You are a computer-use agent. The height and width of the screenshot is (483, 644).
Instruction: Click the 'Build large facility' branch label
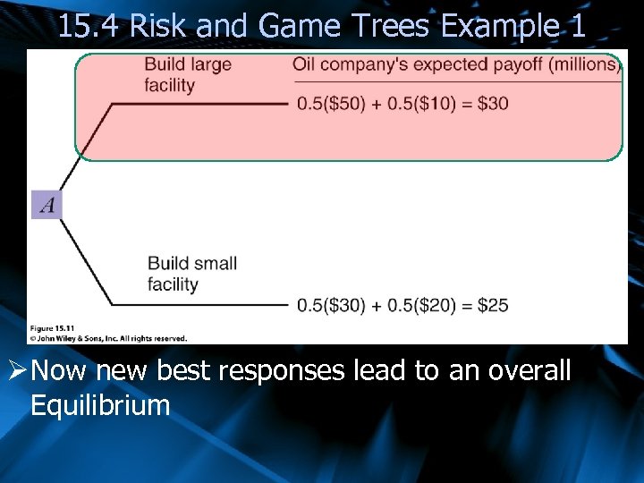pos(188,75)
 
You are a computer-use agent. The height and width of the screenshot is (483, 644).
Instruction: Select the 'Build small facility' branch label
pos(191,274)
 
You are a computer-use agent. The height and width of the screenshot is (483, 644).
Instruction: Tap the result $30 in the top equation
pos(493,103)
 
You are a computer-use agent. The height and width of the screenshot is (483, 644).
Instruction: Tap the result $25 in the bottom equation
pos(493,305)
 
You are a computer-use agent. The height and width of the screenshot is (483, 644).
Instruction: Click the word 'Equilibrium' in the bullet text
pos(99,405)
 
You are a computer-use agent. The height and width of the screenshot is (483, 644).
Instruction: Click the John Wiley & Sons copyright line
pos(107,338)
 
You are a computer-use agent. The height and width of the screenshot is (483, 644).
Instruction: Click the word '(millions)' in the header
pos(583,64)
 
